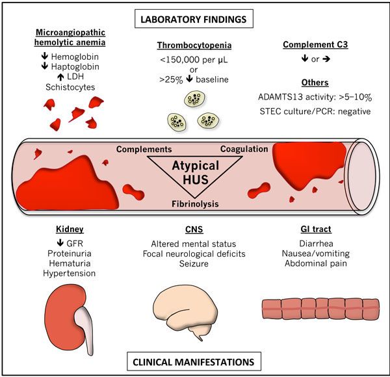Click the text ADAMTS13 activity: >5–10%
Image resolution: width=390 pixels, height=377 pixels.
(316, 98)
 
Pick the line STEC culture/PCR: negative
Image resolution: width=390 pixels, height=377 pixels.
(316, 110)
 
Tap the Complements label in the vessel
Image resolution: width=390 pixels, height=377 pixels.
(144, 149)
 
